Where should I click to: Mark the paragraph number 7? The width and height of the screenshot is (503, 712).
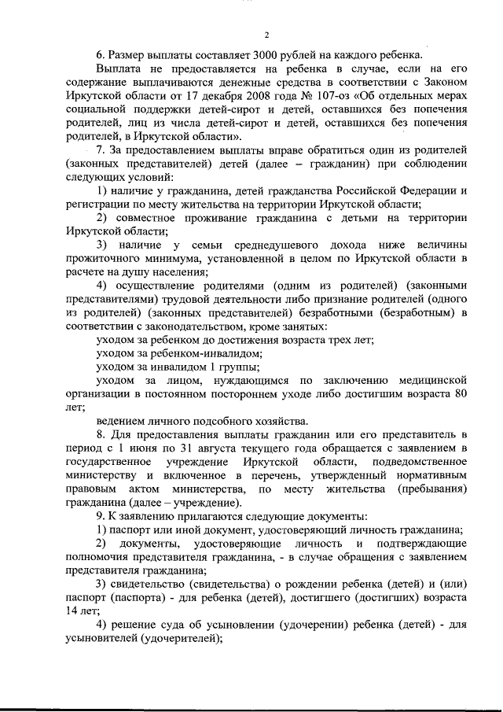pos(101,149)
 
